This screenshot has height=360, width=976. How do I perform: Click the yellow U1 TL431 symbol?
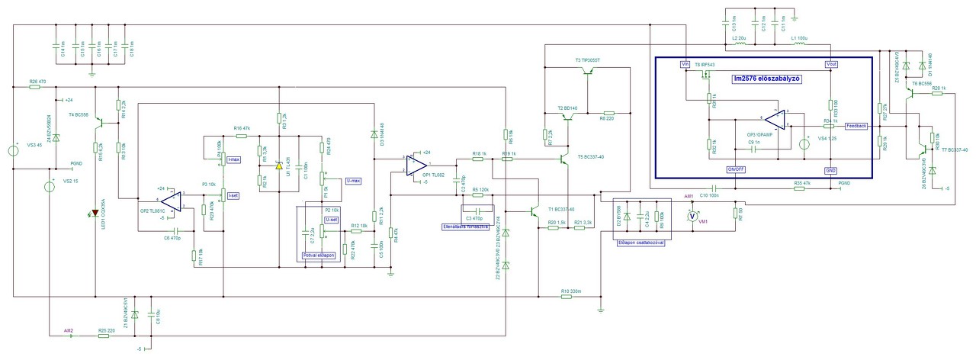click(x=279, y=164)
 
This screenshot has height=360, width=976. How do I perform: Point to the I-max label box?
click(x=234, y=159)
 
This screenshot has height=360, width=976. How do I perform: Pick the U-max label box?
click(x=352, y=181)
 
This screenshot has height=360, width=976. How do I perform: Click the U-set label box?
click(x=331, y=220)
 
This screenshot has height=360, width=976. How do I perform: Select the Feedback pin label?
click(x=856, y=125)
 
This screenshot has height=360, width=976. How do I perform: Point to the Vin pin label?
click(x=685, y=65)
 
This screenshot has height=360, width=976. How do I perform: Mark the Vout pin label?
click(x=831, y=65)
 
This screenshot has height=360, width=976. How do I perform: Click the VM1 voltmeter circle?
click(x=692, y=216)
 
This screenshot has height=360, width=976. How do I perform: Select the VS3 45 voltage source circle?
click(x=14, y=150)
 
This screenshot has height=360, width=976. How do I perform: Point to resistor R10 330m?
click(x=566, y=297)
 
